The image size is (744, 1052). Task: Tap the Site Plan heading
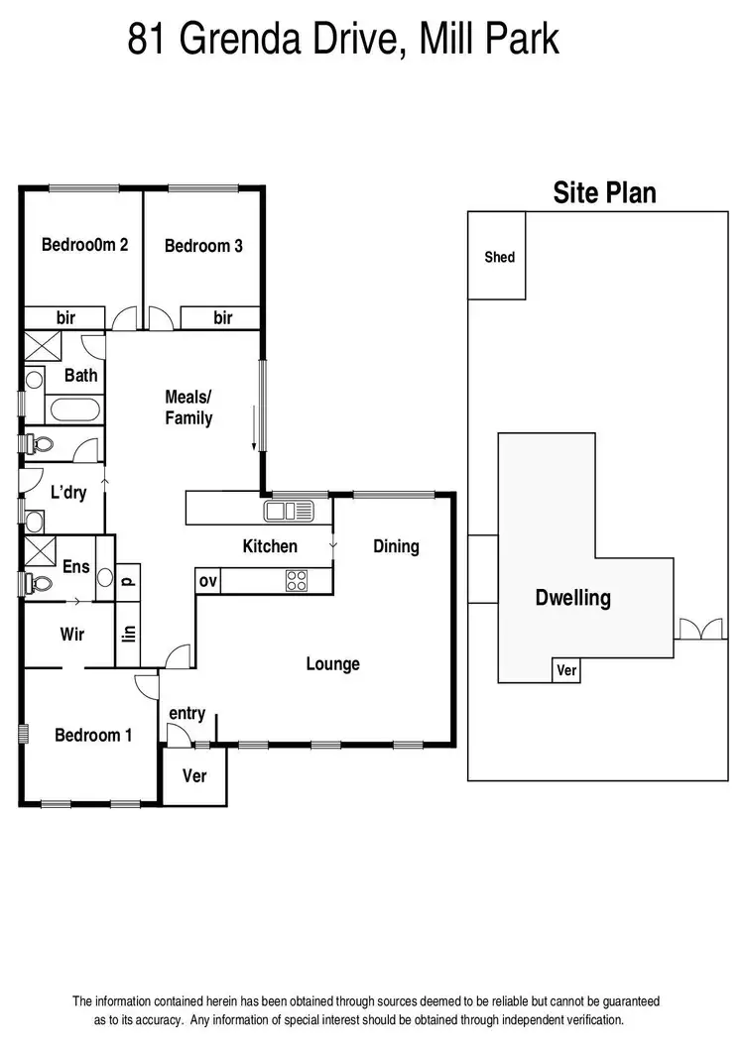pyautogui.click(x=604, y=191)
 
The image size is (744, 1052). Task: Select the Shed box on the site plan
pyautogui.click(x=498, y=256)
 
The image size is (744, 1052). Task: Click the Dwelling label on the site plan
pyautogui.click(x=572, y=598)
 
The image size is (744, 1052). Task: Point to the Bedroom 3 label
pyautogui.click(x=203, y=246)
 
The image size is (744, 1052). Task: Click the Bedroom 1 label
pyautogui.click(x=93, y=735)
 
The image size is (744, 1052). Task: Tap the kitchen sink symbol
pyautogui.click(x=289, y=512)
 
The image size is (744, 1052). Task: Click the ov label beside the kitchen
pyautogui.click(x=207, y=581)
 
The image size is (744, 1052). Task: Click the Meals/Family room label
pyautogui.click(x=188, y=408)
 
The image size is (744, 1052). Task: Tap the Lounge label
pyautogui.click(x=332, y=663)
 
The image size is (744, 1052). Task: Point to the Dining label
pyautogui.click(x=396, y=546)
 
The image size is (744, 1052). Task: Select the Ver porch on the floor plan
pyautogui.click(x=195, y=774)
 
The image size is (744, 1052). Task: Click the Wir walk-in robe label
pyautogui.click(x=72, y=634)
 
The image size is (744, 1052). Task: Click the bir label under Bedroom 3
pyautogui.click(x=223, y=317)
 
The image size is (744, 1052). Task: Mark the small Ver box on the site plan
pyautogui.click(x=566, y=671)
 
